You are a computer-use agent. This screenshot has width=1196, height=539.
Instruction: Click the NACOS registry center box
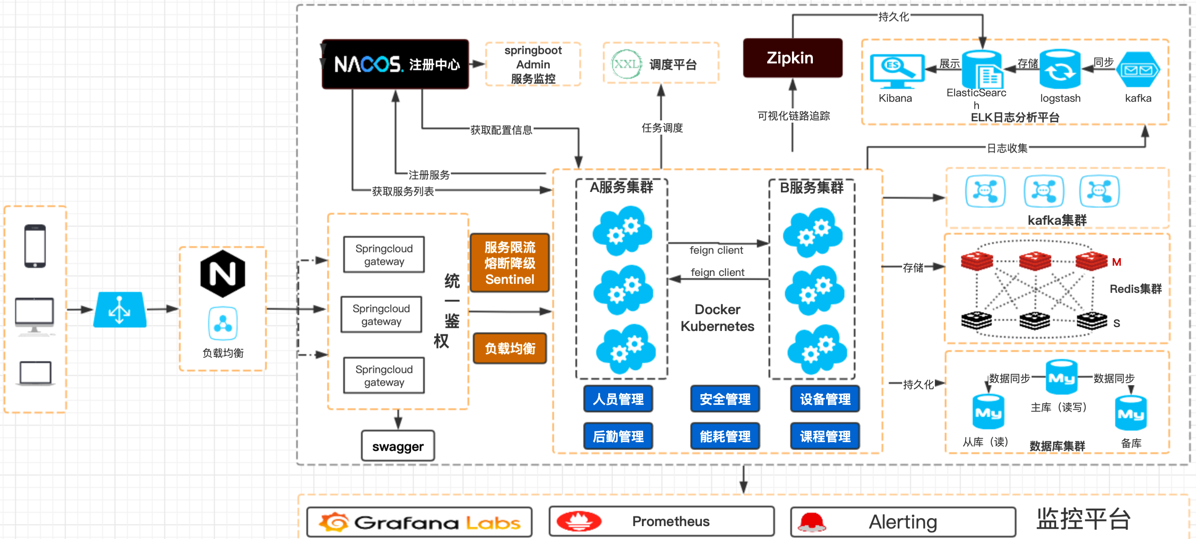click(395, 64)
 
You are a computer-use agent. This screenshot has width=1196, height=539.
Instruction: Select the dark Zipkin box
click(792, 58)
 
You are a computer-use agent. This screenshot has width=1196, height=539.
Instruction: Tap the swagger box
click(398, 446)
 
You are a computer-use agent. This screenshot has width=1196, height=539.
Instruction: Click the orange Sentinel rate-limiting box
click(510, 263)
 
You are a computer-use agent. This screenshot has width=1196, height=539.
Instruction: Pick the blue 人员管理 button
click(618, 399)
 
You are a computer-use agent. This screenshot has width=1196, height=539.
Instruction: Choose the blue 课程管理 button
click(825, 436)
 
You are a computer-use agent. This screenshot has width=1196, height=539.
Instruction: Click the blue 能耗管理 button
click(725, 436)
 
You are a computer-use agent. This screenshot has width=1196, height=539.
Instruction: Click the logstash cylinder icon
click(1060, 70)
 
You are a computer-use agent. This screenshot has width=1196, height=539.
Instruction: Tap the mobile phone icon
click(35, 246)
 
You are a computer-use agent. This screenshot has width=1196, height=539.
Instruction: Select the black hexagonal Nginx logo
click(222, 274)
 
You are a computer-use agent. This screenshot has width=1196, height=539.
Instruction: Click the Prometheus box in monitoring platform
click(661, 521)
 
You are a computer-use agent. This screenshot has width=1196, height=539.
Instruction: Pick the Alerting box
click(903, 522)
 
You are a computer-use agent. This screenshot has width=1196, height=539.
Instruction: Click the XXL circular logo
click(626, 64)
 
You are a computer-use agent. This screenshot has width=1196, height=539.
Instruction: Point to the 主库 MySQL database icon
click(1061, 377)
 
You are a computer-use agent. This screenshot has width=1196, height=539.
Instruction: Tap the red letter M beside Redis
click(1117, 262)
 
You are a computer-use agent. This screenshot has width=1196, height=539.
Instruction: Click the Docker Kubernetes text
click(717, 318)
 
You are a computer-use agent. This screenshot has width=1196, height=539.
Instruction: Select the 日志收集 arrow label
click(1006, 148)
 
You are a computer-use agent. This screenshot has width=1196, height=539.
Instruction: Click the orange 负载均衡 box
click(510, 348)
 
